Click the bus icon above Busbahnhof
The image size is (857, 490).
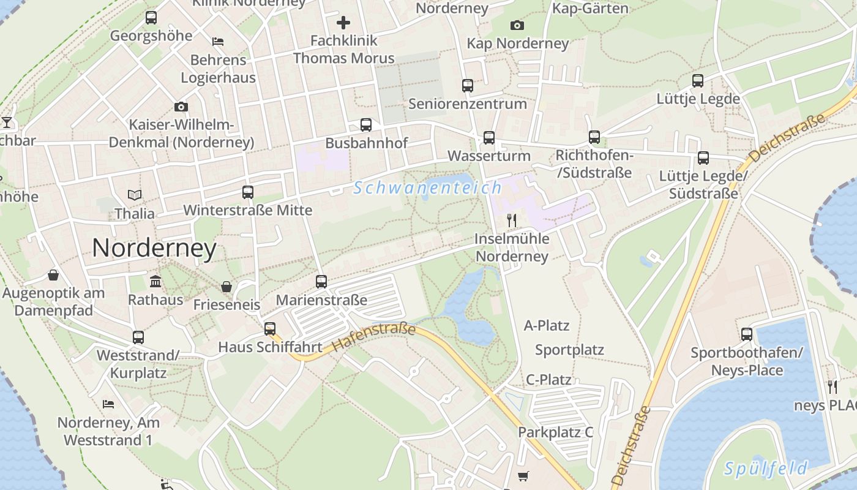pos(366,125)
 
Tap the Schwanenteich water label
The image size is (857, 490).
pos(427,188)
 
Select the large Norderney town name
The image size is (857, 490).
pos(154,248)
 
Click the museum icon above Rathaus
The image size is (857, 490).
pos(155,282)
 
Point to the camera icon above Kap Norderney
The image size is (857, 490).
pos(517,25)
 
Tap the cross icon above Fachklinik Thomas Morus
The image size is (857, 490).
pos(343,23)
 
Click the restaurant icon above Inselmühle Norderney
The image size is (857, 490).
pos(512,221)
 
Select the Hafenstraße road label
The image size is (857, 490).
pos(375,337)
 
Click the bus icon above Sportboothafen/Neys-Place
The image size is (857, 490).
pos(747,334)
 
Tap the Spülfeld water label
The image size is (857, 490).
pos(766,469)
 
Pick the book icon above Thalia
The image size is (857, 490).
pos(135,195)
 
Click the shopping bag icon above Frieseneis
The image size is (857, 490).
pos(226,287)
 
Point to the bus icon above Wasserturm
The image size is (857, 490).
pos(488,138)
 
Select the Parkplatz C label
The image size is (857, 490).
pos(556,432)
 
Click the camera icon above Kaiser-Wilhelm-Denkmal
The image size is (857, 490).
pos(181,107)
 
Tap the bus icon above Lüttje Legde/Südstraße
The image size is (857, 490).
pos(703,158)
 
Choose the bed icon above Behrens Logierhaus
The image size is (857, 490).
pos(218,42)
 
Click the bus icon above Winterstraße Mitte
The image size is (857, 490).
pos(248,192)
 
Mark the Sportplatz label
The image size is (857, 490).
pos(569,350)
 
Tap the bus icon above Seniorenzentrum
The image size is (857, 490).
pos(468,86)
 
